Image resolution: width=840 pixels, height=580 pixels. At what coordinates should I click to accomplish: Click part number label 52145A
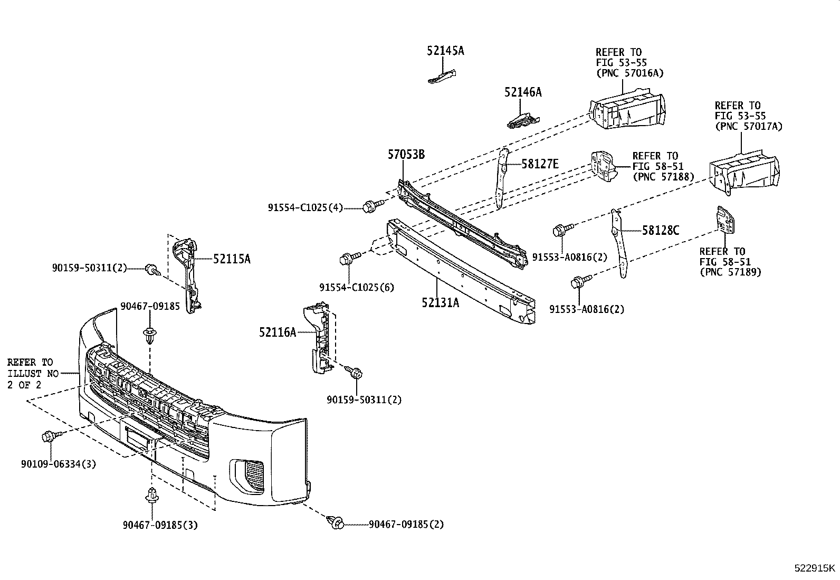pos(445,51)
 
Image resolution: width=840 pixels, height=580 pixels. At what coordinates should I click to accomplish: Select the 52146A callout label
pos(523,92)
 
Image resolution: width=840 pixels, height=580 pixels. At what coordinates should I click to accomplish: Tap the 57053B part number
pos(406,154)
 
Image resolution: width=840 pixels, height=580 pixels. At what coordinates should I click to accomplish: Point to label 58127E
pos(540,164)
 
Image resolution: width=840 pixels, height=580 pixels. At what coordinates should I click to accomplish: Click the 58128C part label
pos(661,230)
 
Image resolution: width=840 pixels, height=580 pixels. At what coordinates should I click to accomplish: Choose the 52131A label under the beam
pos(440,302)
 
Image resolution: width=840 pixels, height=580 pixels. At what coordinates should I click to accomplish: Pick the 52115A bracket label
pos(232,259)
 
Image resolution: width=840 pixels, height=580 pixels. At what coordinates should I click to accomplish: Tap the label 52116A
pos(278,332)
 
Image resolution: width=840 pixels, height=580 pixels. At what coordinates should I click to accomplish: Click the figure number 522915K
pos(815,568)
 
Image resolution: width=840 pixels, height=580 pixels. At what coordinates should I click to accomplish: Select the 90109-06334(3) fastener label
pos(59,464)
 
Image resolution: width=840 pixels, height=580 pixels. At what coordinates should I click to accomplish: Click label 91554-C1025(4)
pos(306,207)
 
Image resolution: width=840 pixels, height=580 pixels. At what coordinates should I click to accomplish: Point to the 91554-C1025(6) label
pos(357,288)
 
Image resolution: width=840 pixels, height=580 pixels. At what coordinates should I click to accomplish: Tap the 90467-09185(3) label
pos(160,525)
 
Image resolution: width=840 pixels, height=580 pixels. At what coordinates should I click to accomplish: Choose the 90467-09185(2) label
pos(406,524)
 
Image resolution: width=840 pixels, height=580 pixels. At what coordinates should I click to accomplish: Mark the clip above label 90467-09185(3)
pos(152,496)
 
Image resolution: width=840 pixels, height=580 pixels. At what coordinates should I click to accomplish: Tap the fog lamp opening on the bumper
pos(247,475)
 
